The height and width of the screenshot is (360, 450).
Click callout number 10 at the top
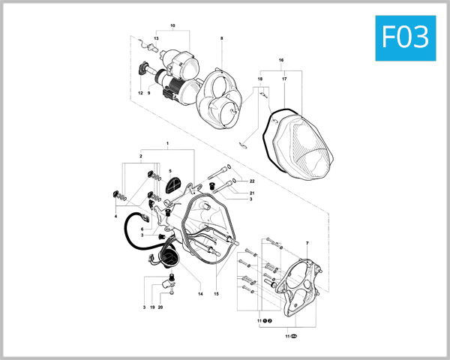[x=172, y=26]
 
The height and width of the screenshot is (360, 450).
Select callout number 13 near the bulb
[x=157, y=37]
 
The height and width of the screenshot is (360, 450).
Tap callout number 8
[x=222, y=37]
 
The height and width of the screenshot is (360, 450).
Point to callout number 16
[x=281, y=59]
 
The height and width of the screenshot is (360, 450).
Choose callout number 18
[x=260, y=79]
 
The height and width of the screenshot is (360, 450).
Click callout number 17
[x=284, y=79]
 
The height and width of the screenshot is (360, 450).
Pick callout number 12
[x=139, y=93]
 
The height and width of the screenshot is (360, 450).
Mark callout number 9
[x=149, y=93]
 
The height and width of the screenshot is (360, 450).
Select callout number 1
[x=168, y=142]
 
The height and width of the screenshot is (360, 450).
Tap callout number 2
[x=140, y=157]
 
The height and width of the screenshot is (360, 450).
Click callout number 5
[x=170, y=172]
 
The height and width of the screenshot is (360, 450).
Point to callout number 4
[x=116, y=216]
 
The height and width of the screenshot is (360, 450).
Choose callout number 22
[x=253, y=182]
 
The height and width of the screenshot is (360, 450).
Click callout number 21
[x=253, y=193]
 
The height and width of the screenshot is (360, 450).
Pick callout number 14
[x=200, y=294]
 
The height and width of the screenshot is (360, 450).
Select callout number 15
[x=216, y=294]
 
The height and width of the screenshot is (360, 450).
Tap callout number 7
[x=307, y=244]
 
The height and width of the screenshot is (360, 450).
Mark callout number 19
[x=151, y=307]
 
